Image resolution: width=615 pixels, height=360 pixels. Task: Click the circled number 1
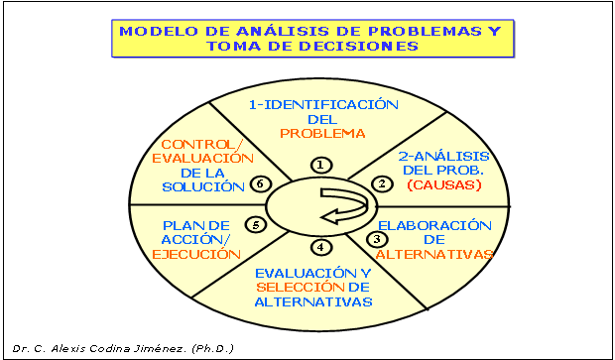coord(319,165)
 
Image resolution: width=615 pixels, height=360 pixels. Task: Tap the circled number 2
coord(380,183)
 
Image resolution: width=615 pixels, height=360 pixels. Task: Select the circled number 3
coord(376,238)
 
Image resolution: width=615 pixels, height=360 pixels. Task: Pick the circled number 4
coord(318,247)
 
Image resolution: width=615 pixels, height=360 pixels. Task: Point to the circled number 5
coord(257,225)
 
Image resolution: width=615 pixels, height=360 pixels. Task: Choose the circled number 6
coord(260,183)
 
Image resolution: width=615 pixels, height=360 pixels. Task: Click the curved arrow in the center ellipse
coord(344,205)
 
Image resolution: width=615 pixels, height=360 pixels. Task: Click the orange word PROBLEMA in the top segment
coord(322,133)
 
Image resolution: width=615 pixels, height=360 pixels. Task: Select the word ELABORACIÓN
coord(435,223)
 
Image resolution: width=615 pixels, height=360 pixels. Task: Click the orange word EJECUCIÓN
coord(197,254)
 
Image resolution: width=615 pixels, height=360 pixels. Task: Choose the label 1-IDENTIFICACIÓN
coord(322,104)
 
